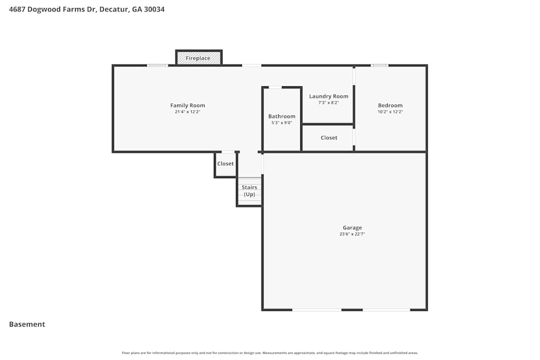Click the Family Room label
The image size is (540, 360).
pos(187,105)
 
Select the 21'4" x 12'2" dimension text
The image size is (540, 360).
pos(187,112)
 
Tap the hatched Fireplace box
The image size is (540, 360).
pos(198,58)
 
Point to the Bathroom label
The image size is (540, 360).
pos(281,116)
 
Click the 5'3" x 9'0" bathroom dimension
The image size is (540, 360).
pos(281,123)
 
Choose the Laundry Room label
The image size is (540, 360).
pos(328,96)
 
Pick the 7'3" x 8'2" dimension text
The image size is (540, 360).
pos(328,103)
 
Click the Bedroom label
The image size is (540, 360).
pos(390,105)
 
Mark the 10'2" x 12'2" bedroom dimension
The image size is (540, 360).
pos(390,112)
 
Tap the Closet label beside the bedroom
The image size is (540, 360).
pos(329,138)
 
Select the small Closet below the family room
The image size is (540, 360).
pos(225,164)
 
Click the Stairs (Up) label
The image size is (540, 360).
pos(249,191)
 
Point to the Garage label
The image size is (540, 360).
pos(352,227)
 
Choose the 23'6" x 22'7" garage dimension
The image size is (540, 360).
pos(352,234)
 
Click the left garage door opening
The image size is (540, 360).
pos(317,310)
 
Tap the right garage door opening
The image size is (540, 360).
pos(386,310)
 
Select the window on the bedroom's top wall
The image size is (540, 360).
pos(379,65)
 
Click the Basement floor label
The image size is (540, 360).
pos(27,324)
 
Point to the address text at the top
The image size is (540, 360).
pos(87,9)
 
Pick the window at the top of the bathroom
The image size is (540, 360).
pos(275,87)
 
